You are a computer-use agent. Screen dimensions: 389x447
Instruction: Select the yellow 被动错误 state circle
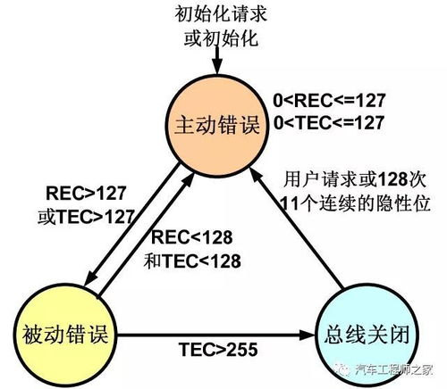pos(59,335)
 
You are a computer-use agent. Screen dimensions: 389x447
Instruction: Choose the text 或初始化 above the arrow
pos(216,37)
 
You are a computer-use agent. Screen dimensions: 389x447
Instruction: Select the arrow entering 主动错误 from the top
pos(215,64)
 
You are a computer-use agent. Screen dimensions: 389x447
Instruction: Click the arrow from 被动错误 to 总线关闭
pos(215,335)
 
